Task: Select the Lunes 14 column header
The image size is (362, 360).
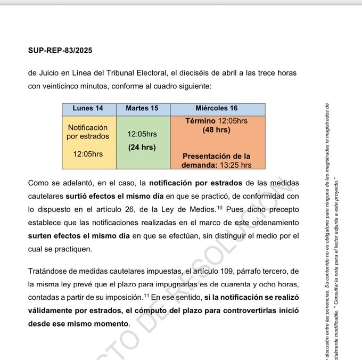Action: pos(88,109)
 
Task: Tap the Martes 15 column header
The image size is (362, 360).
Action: pos(142,109)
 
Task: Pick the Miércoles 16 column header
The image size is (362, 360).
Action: pos(217,109)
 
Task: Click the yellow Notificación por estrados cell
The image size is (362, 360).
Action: pos(88,132)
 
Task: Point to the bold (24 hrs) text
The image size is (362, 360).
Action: pos(142,148)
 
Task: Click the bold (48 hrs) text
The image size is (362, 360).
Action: pos(216,129)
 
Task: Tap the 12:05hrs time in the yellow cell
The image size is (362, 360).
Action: pos(88,154)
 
